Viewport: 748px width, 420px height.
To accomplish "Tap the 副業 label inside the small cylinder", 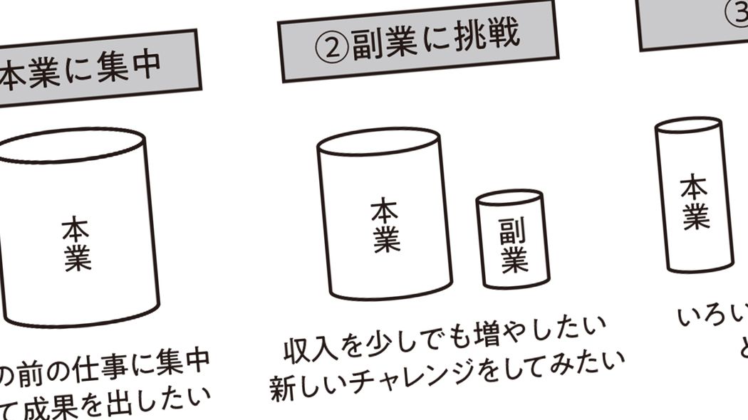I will point(513,245).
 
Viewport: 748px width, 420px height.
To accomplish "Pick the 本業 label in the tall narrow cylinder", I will point(695,202).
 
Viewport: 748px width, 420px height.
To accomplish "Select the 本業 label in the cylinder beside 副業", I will point(385,226).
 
